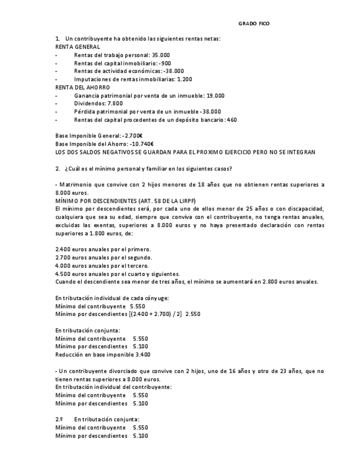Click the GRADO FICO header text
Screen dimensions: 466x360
[254, 24]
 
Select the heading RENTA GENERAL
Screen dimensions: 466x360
[77, 47]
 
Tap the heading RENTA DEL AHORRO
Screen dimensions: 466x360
[82, 87]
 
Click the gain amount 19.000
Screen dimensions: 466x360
[215, 96]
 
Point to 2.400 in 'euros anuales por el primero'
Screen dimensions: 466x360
[63, 249]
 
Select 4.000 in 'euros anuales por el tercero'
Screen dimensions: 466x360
[63, 266]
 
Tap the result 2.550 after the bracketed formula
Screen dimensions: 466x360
[193, 314]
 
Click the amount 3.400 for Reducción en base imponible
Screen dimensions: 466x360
[142, 355]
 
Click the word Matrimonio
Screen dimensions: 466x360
[76, 185]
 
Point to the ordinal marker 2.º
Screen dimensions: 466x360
[59, 420]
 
